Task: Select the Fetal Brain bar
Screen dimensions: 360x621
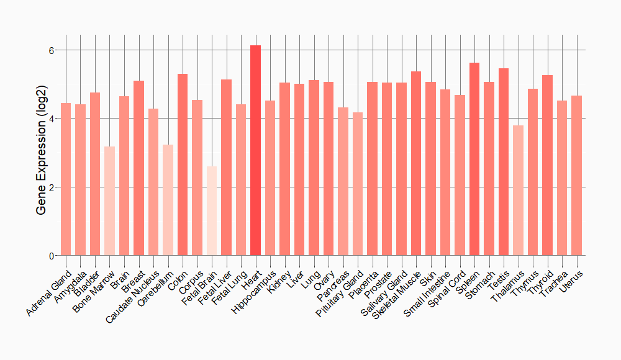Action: click(x=212, y=211)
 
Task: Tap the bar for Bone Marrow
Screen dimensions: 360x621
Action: click(x=109, y=201)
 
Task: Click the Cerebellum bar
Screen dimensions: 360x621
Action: click(x=168, y=200)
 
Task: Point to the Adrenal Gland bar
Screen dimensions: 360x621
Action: click(x=66, y=179)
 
